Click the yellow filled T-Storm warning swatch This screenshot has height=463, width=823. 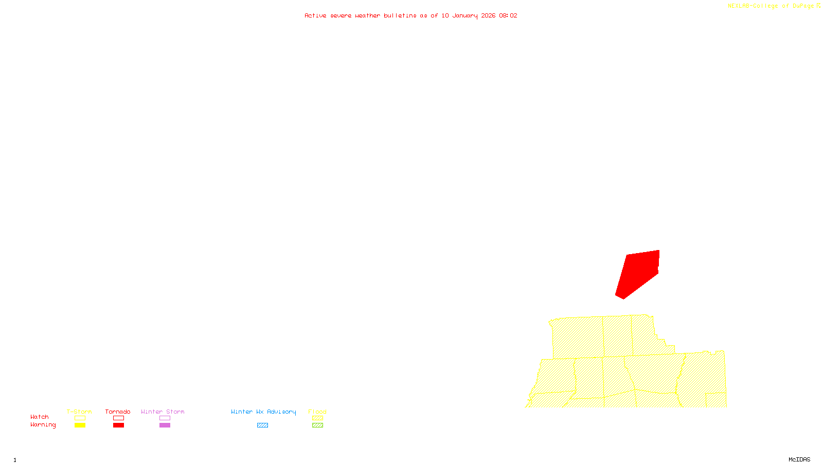pyautogui.click(x=80, y=425)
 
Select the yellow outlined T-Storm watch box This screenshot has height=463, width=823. pyautogui.click(x=80, y=418)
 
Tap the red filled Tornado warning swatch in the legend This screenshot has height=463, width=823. pyautogui.click(x=119, y=425)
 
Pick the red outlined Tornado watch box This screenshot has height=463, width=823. pyautogui.click(x=119, y=418)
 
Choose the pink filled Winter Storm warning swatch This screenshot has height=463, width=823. pyautogui.click(x=165, y=425)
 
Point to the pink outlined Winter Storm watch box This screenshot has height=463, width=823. pyautogui.click(x=165, y=418)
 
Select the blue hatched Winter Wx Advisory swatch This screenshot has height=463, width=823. pyautogui.click(x=262, y=425)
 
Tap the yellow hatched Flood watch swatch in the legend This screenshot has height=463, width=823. pyautogui.click(x=317, y=418)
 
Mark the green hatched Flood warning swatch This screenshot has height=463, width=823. pyautogui.click(x=317, y=425)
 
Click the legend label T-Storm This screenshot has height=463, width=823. pyautogui.click(x=79, y=412)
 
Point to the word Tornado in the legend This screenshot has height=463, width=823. pyautogui.click(x=118, y=412)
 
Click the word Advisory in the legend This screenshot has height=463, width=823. pyautogui.click(x=281, y=412)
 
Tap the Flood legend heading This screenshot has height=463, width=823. pyautogui.click(x=317, y=412)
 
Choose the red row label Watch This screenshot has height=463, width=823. pyautogui.click(x=40, y=417)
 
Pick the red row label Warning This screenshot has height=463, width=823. pyautogui.click(x=43, y=425)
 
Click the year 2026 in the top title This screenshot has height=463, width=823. pyautogui.click(x=488, y=15)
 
